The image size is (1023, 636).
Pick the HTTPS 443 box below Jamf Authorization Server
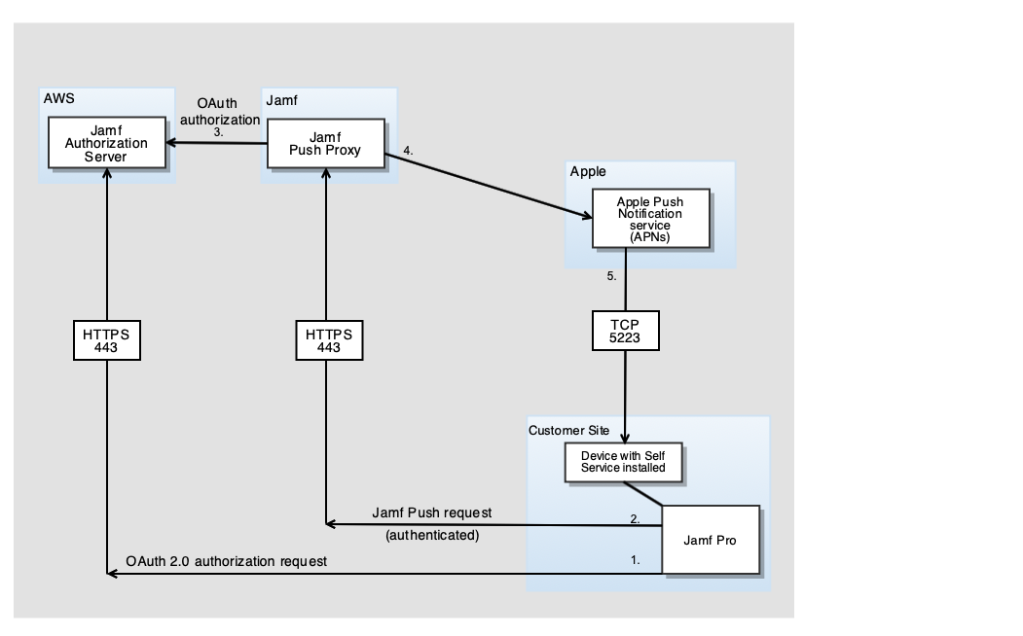pos(107,340)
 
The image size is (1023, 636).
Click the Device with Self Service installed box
pos(624,462)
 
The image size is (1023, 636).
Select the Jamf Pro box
pos(710,540)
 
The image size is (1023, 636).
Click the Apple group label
pos(589,171)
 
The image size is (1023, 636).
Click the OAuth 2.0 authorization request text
pos(227,561)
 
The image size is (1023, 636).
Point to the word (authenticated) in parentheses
pos(425,535)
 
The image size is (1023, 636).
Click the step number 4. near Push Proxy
pos(409,151)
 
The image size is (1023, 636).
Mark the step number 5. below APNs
pos(612,276)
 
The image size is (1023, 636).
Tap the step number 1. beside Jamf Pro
pos(635,561)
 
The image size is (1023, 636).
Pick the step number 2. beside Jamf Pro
pos(635,519)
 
